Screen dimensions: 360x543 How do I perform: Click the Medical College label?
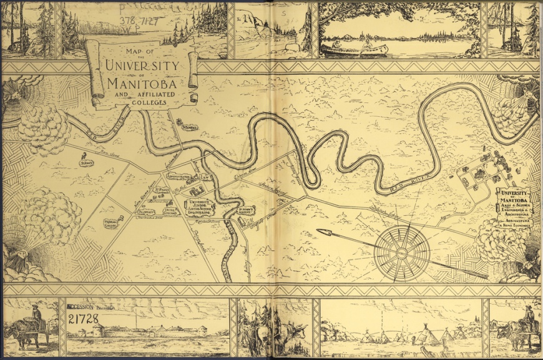click(111, 223)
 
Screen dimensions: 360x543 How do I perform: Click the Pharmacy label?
click(145, 212)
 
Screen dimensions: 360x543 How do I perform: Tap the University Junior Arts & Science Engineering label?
click(201, 207)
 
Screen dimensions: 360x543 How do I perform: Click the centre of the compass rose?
click(402, 251)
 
